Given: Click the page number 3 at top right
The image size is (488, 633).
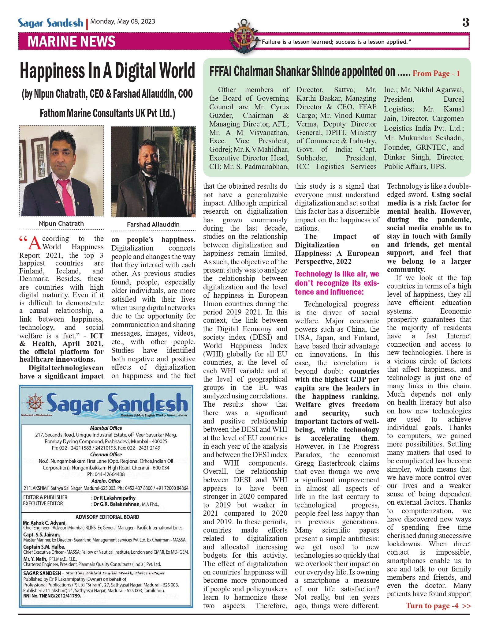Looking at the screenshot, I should (x=466, y=22).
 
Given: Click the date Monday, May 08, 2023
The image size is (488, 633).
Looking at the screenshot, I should (x=123, y=21).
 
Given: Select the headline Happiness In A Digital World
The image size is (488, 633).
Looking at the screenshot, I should (x=107, y=70).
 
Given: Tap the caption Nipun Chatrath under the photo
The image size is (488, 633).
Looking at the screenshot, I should (x=61, y=224).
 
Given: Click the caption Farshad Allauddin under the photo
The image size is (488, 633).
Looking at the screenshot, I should (x=153, y=224).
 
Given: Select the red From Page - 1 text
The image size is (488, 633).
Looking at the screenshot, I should (x=436, y=73).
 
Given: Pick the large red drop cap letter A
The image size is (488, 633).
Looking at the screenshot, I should (x=34, y=243).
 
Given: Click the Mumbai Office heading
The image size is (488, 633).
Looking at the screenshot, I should (x=106, y=428).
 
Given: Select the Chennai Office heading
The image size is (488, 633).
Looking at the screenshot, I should (x=106, y=454).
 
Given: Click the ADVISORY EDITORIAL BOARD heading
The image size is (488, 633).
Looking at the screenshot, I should (x=107, y=517).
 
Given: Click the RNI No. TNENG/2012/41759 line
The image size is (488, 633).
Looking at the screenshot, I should (x=52, y=596).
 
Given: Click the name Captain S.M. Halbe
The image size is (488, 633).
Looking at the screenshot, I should (x=44, y=547).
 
